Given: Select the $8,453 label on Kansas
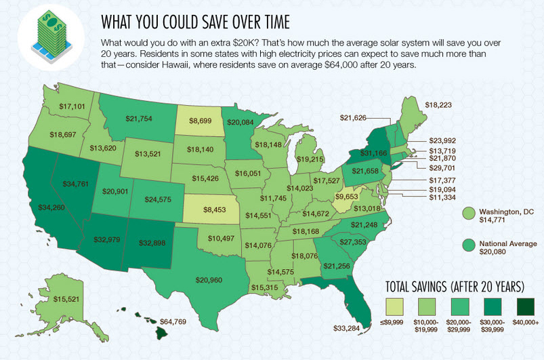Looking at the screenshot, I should (x=214, y=210).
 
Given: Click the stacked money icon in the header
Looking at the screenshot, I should (x=46, y=33).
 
